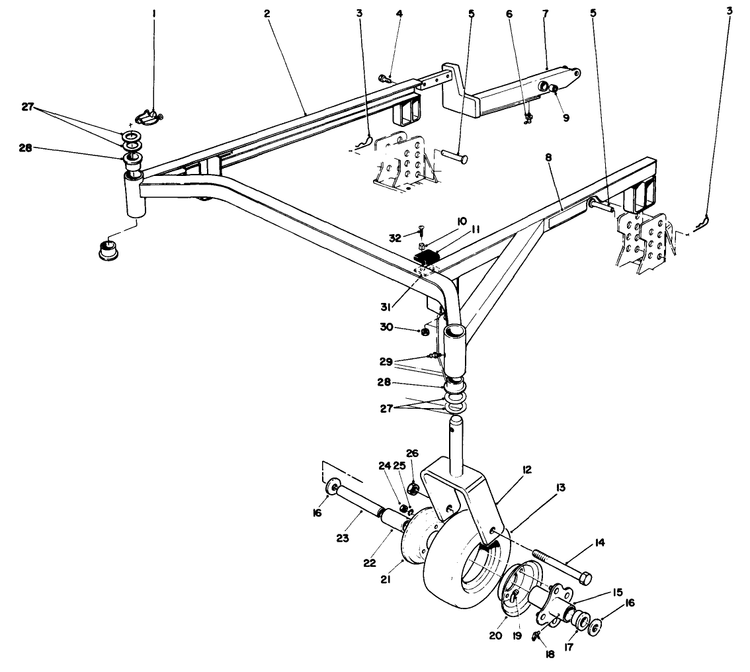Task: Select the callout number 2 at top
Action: pos(268,13)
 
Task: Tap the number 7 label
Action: pos(544,13)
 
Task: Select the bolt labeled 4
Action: pos(384,79)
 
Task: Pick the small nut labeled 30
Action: pos(425,331)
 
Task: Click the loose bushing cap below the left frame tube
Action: pos(106,250)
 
